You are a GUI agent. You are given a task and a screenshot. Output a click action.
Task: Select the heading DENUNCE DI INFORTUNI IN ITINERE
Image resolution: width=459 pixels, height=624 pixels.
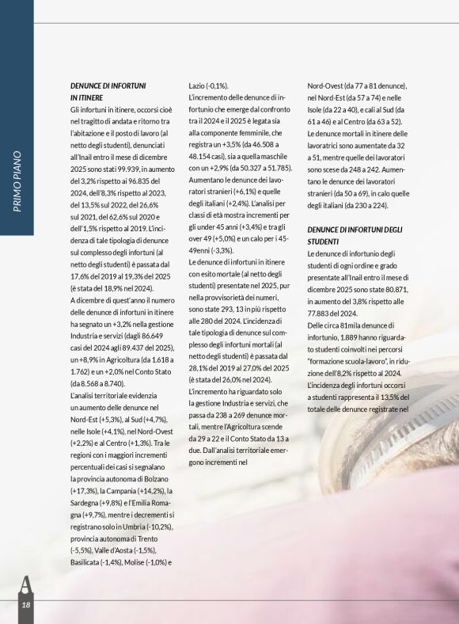(x=108, y=90)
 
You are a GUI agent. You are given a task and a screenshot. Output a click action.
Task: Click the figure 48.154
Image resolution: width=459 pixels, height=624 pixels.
(x=205, y=157)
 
